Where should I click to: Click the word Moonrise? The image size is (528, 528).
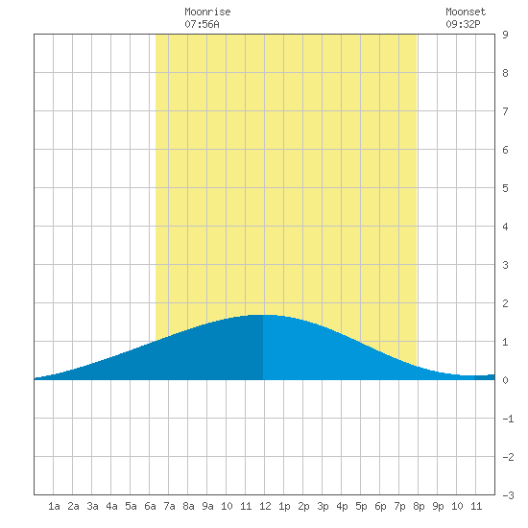click(207, 12)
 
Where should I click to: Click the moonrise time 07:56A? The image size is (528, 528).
click(202, 24)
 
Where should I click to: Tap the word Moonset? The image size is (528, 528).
click(466, 12)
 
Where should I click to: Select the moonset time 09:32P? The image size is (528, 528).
click(463, 24)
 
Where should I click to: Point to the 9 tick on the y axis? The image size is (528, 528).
click(505, 35)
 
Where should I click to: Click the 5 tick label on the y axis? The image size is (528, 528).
click(505, 188)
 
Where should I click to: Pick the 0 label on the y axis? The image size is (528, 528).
click(505, 380)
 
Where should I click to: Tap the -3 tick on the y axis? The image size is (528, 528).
click(508, 495)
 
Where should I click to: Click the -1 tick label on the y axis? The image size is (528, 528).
click(508, 419)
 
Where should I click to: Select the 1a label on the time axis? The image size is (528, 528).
click(54, 506)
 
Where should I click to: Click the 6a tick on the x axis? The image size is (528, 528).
click(150, 506)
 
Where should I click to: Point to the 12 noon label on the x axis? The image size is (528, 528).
click(265, 506)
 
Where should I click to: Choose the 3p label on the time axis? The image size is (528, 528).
click(323, 506)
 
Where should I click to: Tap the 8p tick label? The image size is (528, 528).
click(419, 506)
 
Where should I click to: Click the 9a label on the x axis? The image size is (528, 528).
click(207, 506)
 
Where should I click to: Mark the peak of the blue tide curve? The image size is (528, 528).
click(263, 315)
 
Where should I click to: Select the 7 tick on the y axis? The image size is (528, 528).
click(505, 111)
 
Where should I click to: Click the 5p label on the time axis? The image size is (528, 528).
click(361, 506)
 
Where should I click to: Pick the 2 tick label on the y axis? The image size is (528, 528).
click(505, 303)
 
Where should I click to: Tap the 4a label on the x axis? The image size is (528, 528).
click(111, 506)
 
